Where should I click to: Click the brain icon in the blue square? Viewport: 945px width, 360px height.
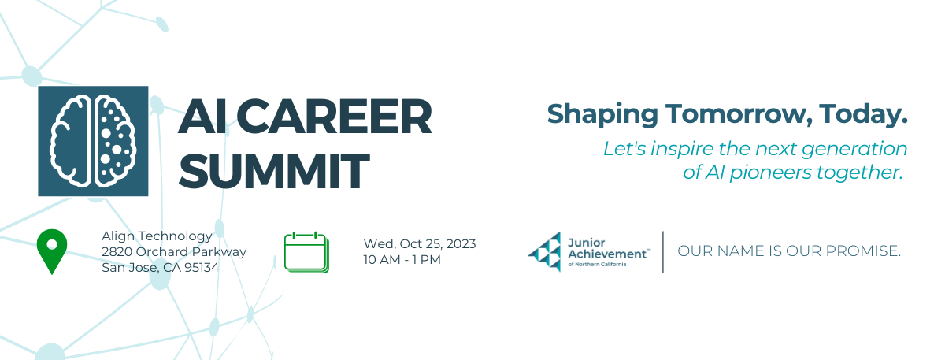(x=93, y=141)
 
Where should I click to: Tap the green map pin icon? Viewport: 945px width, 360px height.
(x=52, y=249)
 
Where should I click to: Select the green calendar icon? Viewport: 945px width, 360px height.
(x=306, y=252)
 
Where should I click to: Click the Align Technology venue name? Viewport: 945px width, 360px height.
(x=157, y=236)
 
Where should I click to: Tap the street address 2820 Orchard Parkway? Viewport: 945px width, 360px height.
(x=174, y=251)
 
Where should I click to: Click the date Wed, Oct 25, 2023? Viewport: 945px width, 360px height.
(x=420, y=243)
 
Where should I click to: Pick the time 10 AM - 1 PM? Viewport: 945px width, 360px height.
(x=402, y=259)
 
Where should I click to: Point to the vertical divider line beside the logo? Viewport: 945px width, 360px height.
(x=663, y=252)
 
